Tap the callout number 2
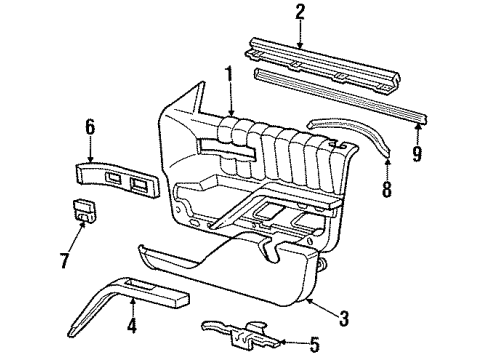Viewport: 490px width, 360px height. (x=299, y=12)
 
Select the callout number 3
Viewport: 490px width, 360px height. (x=344, y=320)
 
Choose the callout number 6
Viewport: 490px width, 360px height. (x=90, y=126)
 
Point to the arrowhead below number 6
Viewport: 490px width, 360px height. (x=91, y=161)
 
